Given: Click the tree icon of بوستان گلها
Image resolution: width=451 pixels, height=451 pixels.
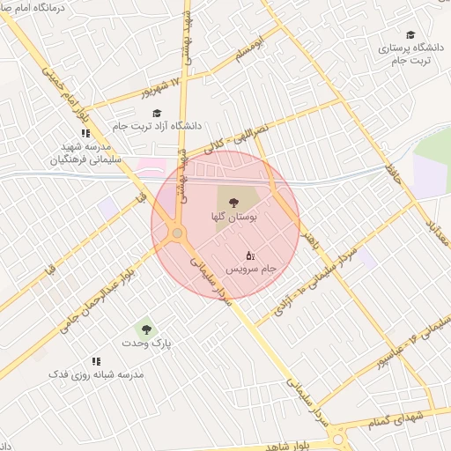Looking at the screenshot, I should [233, 203].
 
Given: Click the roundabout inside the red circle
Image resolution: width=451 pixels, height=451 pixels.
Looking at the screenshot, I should [177, 233].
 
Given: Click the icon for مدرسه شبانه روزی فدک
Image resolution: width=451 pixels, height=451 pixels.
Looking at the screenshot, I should [97, 361].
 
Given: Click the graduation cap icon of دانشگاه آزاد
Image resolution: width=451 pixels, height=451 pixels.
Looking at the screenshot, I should [157, 113].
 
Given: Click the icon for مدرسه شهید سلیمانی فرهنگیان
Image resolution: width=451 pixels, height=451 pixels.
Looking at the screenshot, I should [85, 133].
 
